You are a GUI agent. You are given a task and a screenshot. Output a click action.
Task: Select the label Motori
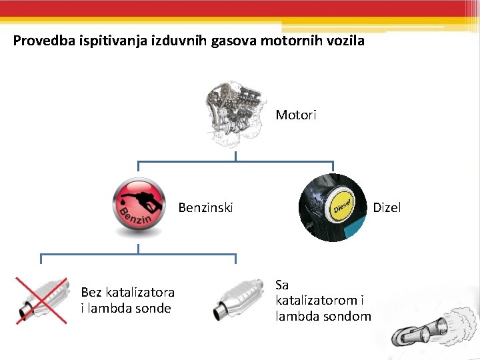coord(296,115)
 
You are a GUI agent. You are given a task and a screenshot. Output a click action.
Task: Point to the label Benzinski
coord(206,207)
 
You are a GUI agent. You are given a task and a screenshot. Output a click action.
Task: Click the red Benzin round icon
coord(138,208)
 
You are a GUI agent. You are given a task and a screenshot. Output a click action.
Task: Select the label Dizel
coord(387,207)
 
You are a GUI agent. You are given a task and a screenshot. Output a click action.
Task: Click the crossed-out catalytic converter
coord(41,301)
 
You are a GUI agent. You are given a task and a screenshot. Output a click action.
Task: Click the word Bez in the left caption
coord(91,292)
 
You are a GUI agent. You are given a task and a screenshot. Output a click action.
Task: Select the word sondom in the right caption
coord(347,316)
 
